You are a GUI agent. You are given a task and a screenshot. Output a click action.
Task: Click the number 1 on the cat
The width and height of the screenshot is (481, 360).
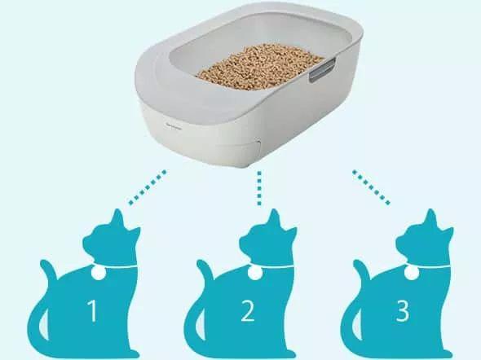(x=93, y=310)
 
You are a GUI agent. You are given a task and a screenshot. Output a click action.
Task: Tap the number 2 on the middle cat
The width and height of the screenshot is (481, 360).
(x=248, y=310)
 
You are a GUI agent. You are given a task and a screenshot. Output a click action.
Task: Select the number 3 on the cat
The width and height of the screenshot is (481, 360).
(x=403, y=310)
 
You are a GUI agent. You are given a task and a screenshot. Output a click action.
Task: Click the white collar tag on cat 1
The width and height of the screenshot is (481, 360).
(x=99, y=272)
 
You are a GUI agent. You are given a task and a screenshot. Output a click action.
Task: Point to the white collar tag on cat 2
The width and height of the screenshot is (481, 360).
(x=254, y=272)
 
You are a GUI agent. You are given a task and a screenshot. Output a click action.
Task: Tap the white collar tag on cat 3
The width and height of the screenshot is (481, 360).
(x=411, y=272)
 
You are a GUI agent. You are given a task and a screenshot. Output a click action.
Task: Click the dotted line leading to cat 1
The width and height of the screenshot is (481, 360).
(x=148, y=187)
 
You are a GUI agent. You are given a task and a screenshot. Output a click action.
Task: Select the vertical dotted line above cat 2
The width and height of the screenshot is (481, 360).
(x=259, y=188)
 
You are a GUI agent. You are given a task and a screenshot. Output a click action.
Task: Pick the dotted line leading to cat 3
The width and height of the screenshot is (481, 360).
(x=372, y=187)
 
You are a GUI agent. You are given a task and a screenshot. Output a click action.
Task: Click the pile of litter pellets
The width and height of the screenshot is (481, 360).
(x=259, y=67)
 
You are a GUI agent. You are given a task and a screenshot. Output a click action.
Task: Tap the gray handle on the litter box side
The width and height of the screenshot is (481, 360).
(x=322, y=71)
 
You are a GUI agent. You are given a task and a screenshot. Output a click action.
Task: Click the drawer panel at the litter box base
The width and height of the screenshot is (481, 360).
(x=238, y=151)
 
